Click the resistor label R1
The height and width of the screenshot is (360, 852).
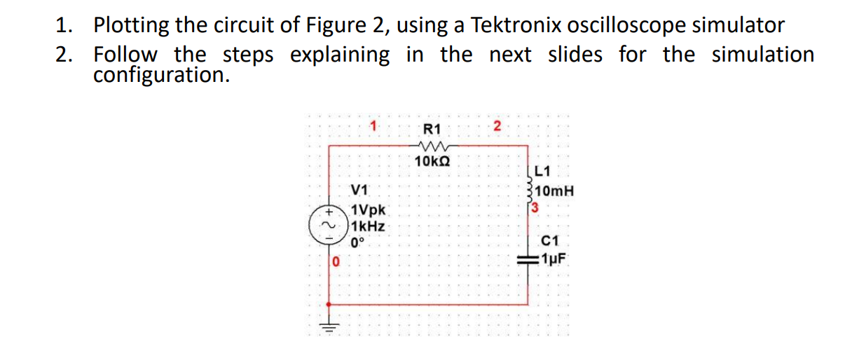432,129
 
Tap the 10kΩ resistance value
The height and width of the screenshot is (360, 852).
432,161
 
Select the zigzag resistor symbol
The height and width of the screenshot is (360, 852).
432,146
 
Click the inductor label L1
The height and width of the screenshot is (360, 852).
542,170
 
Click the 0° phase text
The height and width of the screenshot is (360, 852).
358,243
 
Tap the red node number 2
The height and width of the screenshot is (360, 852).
497,127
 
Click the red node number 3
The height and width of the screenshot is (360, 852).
534,207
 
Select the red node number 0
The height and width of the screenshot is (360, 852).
336,262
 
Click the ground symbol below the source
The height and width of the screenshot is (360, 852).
329,326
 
